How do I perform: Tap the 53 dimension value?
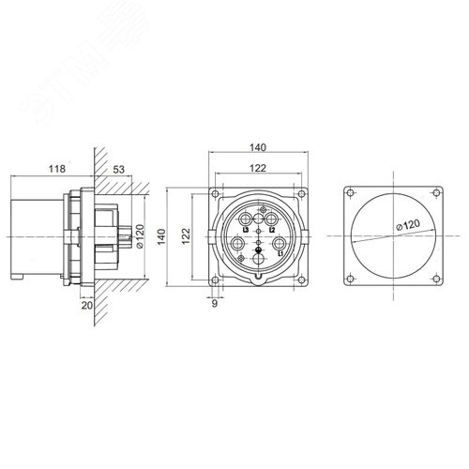118,169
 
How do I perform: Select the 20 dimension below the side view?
87,305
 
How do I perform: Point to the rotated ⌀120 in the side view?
139,235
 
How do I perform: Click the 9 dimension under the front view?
214,303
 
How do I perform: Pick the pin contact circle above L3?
248,220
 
